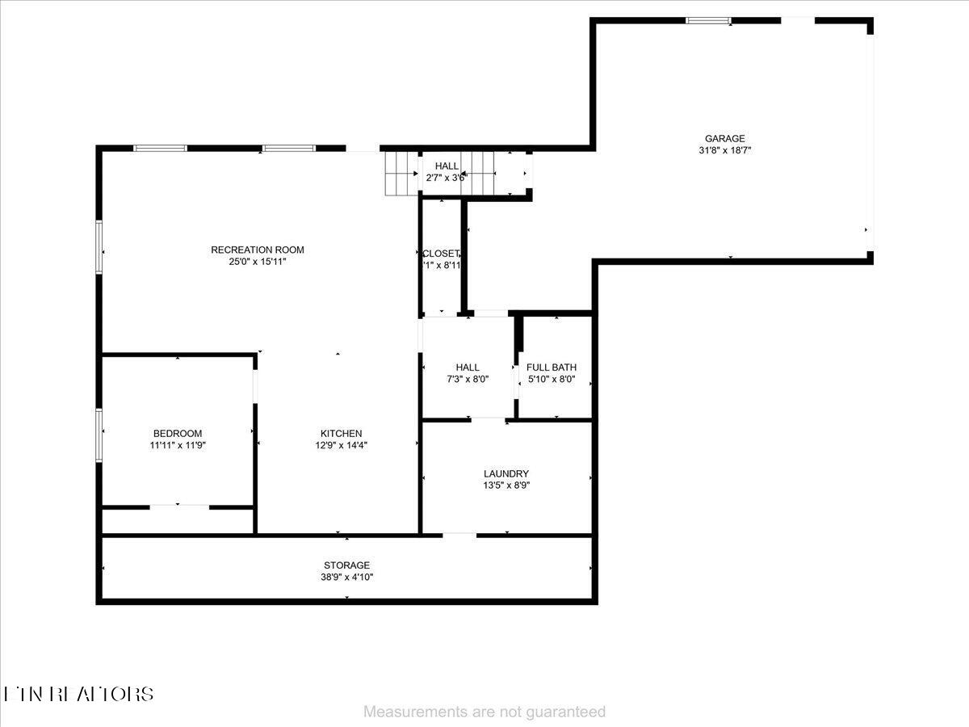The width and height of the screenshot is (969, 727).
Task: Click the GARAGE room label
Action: coord(724,138)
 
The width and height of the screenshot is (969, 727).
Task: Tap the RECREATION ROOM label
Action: coord(258,250)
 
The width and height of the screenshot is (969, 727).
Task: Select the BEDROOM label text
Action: coord(178,434)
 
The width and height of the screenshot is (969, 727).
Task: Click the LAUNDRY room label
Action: coord(506,474)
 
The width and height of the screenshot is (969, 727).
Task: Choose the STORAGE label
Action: coord(347,565)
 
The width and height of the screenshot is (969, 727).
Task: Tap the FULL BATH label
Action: coord(552,368)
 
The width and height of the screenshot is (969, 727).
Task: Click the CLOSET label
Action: coord(440,254)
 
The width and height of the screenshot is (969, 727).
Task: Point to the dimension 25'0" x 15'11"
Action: coord(258,262)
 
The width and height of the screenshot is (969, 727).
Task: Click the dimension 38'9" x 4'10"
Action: coord(347,578)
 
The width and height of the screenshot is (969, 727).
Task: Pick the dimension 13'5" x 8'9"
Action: coord(506,485)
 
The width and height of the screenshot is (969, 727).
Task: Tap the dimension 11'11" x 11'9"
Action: coord(178,445)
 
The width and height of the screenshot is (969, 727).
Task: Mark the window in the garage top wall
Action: coord(708,20)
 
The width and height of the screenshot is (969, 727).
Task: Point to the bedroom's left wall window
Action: coord(99,435)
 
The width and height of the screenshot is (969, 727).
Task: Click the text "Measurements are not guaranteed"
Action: coord(484,712)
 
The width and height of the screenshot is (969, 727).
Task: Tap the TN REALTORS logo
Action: coord(78,694)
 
